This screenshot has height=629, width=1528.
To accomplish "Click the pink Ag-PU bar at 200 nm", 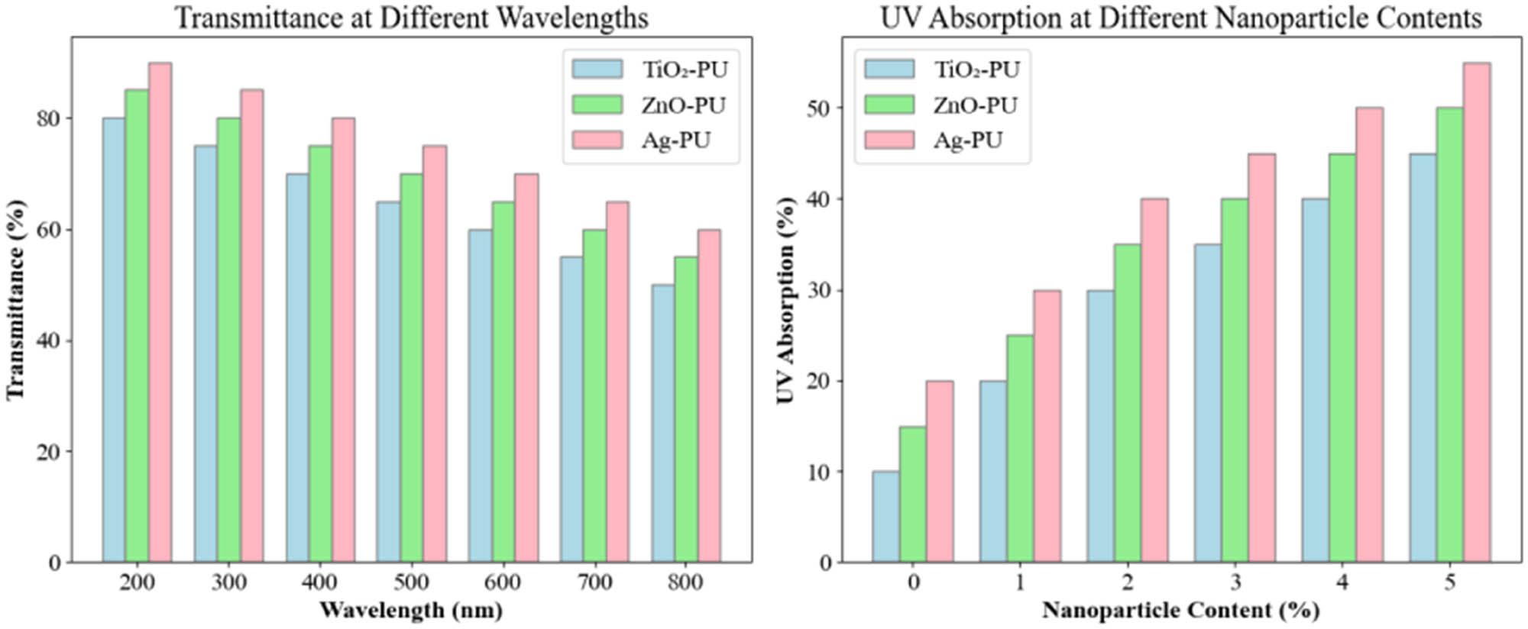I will click(x=160, y=313).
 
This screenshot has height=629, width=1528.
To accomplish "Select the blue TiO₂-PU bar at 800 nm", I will click(x=662, y=424).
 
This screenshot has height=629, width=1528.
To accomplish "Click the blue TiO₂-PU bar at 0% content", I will click(x=885, y=517).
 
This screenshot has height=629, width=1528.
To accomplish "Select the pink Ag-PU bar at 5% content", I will click(x=1476, y=313).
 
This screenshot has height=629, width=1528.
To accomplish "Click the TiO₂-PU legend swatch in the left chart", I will click(x=597, y=69).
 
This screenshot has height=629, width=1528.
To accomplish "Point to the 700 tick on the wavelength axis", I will click(x=594, y=583).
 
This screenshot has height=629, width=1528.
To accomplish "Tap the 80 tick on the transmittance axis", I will click(x=48, y=118).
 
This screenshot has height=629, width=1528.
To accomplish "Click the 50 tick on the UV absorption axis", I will click(x=818, y=108).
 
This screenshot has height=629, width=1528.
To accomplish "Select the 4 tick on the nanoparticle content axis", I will click(x=1342, y=583).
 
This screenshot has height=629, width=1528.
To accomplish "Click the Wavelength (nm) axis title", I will click(x=411, y=611).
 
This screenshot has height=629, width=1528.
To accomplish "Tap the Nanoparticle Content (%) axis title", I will click(x=1180, y=611).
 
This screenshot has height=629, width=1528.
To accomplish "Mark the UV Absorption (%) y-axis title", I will click(x=785, y=299).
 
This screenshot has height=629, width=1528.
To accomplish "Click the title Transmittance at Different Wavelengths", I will click(x=411, y=17).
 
